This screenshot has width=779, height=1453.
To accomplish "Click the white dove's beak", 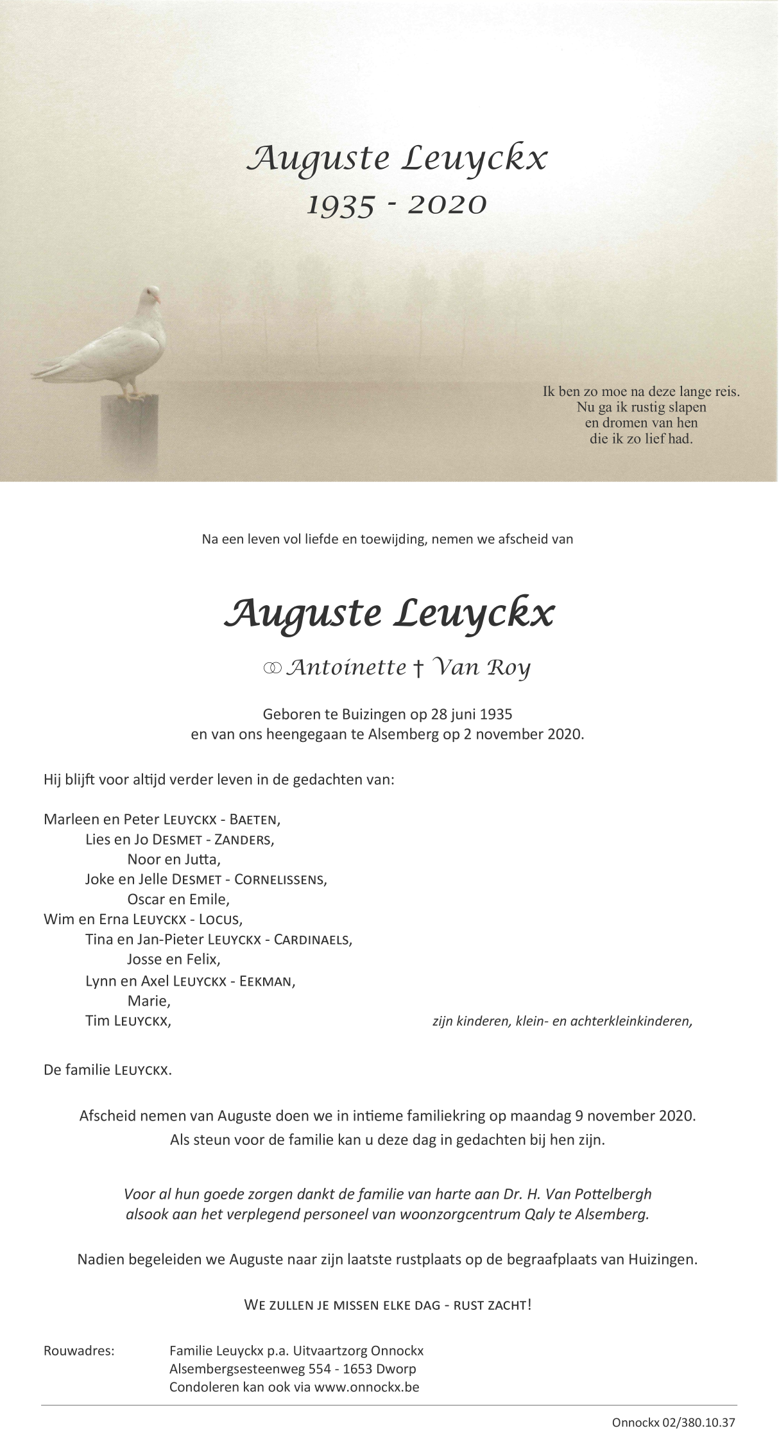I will pos(157,298).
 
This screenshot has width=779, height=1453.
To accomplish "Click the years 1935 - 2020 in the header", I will pos(397,204).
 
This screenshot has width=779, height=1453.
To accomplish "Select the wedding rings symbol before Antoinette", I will pos(272,669).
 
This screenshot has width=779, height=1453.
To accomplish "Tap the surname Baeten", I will pos(253,820).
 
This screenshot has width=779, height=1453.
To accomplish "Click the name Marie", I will pos(148,1001).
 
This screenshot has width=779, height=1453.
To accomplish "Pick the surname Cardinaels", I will pos(313,940).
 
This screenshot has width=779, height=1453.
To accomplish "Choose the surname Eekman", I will pos(266,981).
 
